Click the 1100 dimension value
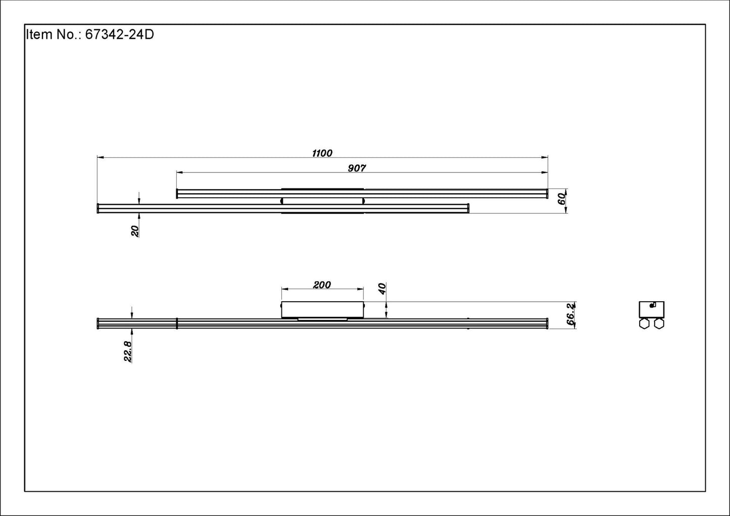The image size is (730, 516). (x=322, y=153)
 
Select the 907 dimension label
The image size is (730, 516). (x=356, y=168)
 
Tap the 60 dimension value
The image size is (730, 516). (x=561, y=199)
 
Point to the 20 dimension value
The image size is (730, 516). (x=135, y=231)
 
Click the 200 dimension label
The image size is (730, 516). (x=322, y=285)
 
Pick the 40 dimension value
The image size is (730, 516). (x=382, y=289)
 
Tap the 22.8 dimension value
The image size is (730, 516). (x=128, y=351)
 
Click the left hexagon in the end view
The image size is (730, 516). (x=644, y=324)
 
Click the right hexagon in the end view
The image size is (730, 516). (x=659, y=324)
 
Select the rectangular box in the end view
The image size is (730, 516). (x=652, y=309)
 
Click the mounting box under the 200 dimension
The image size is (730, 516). (x=322, y=310)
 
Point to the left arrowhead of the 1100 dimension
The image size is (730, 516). (x=100, y=158)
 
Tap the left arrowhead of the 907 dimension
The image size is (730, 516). (x=179, y=173)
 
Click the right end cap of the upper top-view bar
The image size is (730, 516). (x=547, y=194)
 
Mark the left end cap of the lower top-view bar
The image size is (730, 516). (x=98, y=208)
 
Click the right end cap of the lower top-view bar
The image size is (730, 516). (x=468, y=208)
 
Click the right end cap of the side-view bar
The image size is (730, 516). (x=547, y=323)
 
